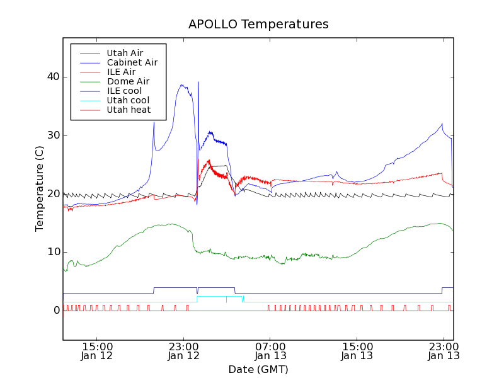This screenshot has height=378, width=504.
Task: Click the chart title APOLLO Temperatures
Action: [258, 25]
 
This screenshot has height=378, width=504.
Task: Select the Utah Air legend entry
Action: [125, 53]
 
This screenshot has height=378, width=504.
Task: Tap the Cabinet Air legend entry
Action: [132, 62]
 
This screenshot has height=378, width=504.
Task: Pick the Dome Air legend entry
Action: [128, 81]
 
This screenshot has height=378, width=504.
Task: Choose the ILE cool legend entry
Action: [124, 91]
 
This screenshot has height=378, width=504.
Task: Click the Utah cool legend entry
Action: [128, 100]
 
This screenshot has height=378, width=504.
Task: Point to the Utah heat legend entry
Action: [129, 110]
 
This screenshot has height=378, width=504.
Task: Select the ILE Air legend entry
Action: [121, 72]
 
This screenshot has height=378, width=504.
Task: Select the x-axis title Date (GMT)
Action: [258, 369]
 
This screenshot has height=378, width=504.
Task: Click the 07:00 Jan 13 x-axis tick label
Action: [270, 351]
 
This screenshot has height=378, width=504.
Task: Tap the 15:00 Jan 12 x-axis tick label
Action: [97, 351]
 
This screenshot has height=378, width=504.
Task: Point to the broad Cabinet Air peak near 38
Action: [183, 86]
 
